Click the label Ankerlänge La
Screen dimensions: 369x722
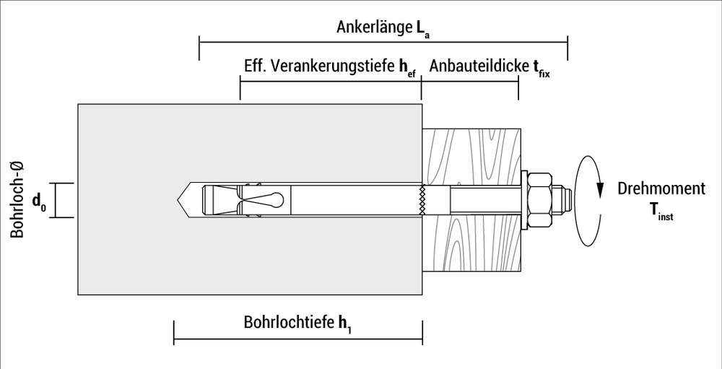click(383, 28)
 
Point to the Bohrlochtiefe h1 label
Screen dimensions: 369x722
click(297, 323)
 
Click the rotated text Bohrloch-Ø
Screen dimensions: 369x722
click(16, 199)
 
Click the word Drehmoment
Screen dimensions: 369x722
click(661, 189)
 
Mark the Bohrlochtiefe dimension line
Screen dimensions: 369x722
click(297, 339)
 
